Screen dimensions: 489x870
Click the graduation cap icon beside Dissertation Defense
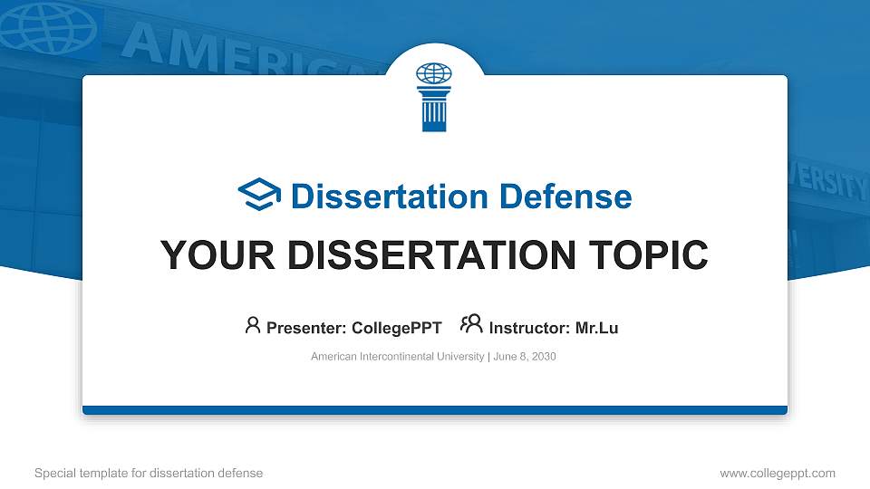(260, 195)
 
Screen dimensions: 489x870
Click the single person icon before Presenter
(253, 325)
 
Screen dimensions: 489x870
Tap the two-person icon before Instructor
(471, 324)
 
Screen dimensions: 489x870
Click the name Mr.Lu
(596, 328)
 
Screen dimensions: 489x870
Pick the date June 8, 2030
(524, 357)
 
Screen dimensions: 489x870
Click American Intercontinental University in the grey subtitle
(397, 357)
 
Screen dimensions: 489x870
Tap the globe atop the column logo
(433, 72)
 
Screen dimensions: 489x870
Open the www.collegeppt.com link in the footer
(777, 473)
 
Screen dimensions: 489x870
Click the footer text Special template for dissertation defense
(149, 473)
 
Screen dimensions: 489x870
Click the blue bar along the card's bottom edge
(435, 410)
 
